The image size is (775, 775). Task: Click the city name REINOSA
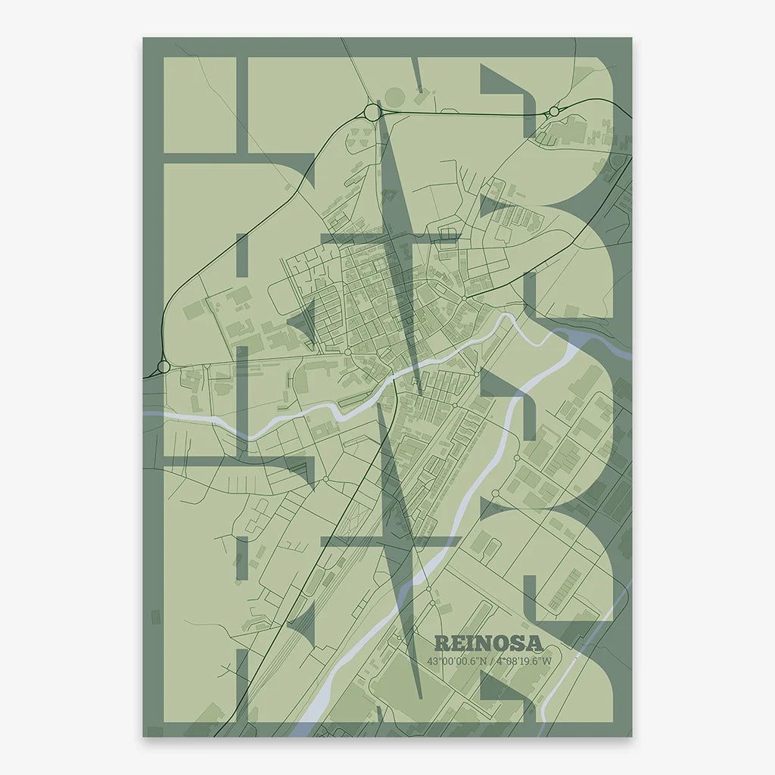pos(489,643)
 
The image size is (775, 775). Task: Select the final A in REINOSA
pos(534,643)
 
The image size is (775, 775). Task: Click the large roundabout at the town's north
pos(372,112)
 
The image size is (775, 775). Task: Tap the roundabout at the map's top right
pos(554,111)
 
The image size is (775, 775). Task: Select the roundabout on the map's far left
pos(163,367)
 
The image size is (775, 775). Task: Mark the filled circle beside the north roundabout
pos(395,98)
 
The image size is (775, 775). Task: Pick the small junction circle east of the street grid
pos(463,300)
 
